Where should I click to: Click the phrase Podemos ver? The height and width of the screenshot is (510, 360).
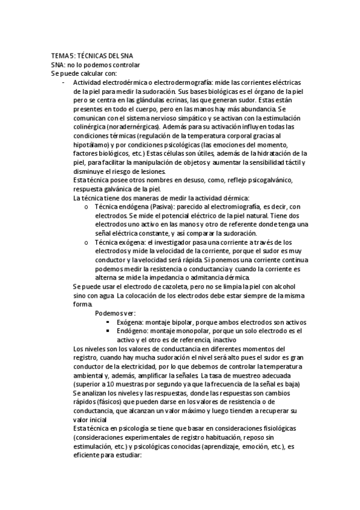[115, 313]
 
